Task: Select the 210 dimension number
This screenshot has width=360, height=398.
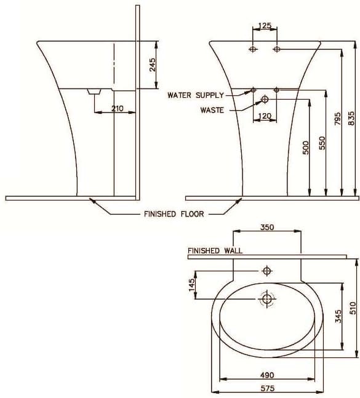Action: [x=118, y=108]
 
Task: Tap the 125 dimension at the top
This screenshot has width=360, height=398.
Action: [x=265, y=26]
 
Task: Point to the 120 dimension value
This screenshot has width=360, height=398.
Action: [x=265, y=116]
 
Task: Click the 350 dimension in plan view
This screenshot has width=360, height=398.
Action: [x=266, y=227]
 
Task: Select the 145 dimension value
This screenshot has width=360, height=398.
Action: [x=192, y=284]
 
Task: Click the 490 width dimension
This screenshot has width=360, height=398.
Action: [x=266, y=375]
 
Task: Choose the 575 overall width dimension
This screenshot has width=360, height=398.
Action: [x=266, y=389]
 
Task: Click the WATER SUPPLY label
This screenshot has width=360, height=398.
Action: [x=196, y=95]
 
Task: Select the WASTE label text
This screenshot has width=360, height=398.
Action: [x=212, y=111]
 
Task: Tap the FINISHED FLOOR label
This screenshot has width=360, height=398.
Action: [x=174, y=215]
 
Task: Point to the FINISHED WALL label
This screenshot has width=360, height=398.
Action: [x=215, y=250]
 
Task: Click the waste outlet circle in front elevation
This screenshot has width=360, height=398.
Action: [x=265, y=99]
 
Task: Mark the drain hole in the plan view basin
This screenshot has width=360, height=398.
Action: [x=267, y=299]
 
